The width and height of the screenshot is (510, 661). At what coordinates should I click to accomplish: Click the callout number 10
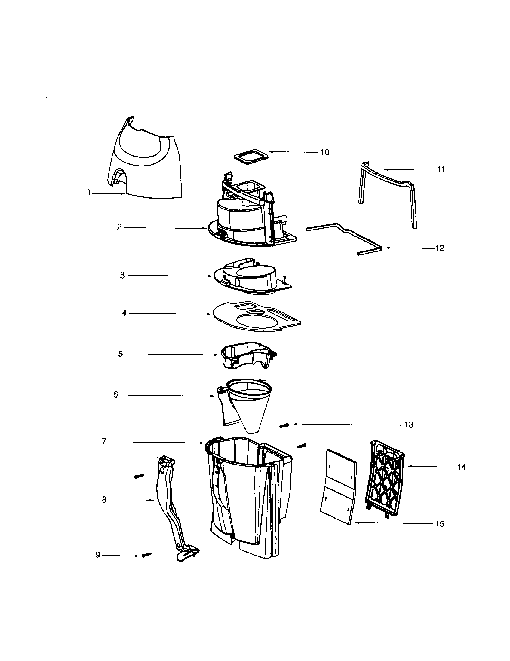pos(325,152)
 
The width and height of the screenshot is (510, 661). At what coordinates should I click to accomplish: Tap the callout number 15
pos(439,524)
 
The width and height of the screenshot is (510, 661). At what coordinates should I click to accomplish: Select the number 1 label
pos(89,193)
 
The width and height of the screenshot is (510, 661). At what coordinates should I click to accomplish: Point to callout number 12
pos(439,248)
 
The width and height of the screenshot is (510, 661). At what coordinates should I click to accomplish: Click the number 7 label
pos(104,442)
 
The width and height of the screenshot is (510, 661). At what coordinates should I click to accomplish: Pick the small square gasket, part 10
pos(251,157)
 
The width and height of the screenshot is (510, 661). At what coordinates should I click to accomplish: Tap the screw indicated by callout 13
pos(284,425)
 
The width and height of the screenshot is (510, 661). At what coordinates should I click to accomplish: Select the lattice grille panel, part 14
pos(385,478)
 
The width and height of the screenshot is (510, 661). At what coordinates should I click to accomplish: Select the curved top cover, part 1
pos(145,160)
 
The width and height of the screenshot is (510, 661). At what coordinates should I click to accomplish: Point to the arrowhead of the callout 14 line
pos(408,466)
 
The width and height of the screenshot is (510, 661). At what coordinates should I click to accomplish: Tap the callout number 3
pos(122,275)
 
